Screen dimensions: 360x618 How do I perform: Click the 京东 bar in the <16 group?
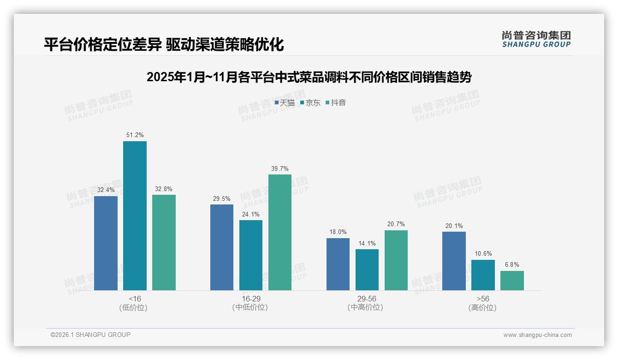click(x=135, y=216)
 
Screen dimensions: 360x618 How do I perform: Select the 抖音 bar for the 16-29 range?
click(x=280, y=232)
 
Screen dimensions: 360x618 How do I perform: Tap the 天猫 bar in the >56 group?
click(x=454, y=261)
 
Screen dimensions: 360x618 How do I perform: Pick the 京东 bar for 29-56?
click(x=367, y=270)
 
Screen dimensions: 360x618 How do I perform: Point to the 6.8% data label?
click(x=512, y=265)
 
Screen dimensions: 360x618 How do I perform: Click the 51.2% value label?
click(x=135, y=135)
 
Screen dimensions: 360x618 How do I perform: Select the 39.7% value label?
click(x=280, y=168)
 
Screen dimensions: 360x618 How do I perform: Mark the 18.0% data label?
click(x=338, y=232)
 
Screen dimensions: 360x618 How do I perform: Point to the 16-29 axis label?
click(x=250, y=299)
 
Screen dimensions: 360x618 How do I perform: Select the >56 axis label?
click(x=483, y=299)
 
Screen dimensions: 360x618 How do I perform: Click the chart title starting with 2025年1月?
click(x=309, y=77)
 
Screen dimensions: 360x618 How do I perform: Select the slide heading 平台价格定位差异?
click(x=164, y=44)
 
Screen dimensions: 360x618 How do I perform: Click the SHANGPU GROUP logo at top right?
click(x=536, y=39)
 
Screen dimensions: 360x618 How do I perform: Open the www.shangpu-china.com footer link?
click(x=537, y=335)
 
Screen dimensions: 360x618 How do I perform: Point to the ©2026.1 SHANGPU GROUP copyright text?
click(x=90, y=335)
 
